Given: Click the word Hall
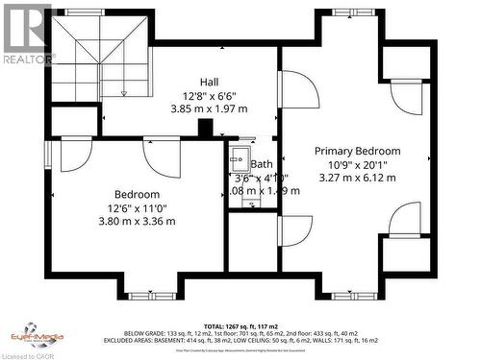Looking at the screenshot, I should pos(209,81).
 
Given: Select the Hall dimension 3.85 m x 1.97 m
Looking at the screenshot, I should pos(209,108).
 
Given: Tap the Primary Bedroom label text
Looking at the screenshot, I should pos(359,151).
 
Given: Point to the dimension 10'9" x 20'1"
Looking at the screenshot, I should pos(359,164).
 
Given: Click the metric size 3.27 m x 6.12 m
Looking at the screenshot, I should pos(359,178).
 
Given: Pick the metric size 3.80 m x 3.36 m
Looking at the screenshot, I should pos(138,222).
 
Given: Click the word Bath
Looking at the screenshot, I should pos(262,164).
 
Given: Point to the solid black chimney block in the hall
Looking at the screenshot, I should pos(205,128).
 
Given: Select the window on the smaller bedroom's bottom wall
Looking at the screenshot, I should pos(151,296).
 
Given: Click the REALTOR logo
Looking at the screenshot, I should pos(27,35).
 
